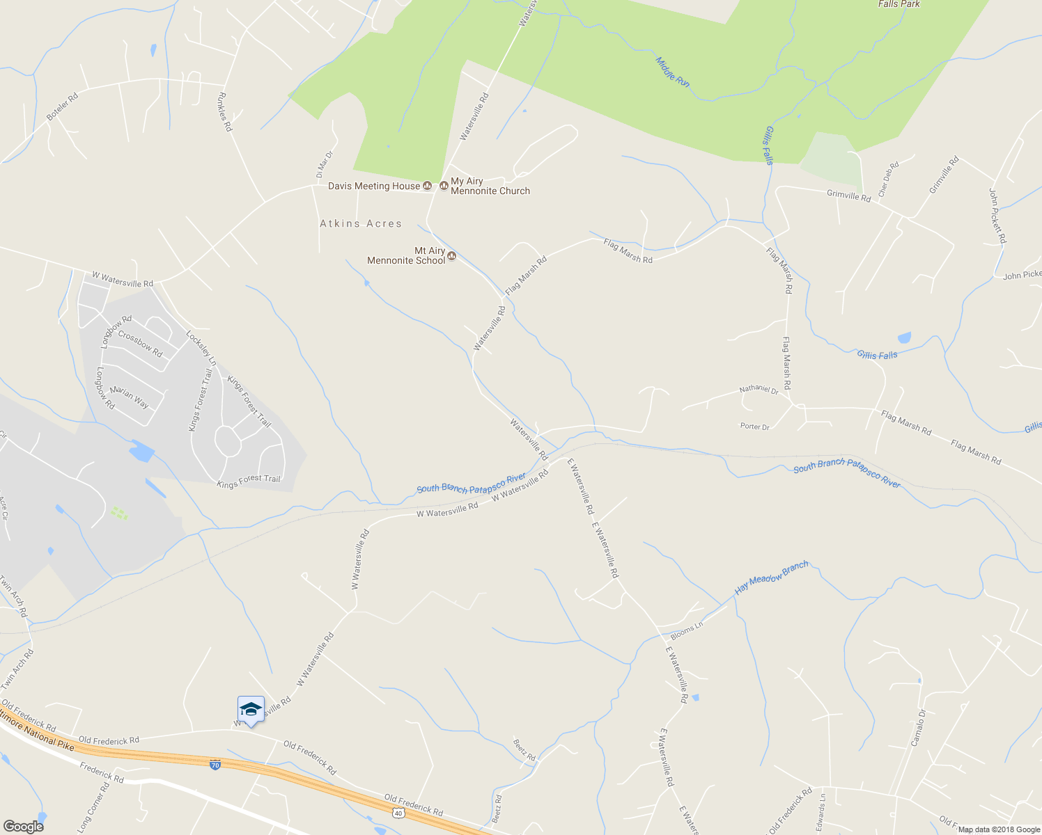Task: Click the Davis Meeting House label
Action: [374, 186]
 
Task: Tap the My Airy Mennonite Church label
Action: [490, 186]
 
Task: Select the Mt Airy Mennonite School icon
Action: [451, 256]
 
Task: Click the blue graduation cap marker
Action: [251, 710]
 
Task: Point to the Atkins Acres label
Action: [361, 223]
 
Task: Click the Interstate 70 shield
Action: [215, 765]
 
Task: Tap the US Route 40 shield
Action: [398, 812]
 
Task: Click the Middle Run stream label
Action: [672, 72]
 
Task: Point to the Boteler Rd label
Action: [63, 106]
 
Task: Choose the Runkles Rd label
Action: [225, 112]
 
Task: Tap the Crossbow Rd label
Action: [140, 344]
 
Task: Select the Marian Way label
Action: [129, 397]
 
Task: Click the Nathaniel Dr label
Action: [759, 390]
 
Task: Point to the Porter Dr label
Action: [754, 427]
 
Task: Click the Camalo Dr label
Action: [919, 728]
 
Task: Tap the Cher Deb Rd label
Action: [889, 179]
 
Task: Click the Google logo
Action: [23, 827]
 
